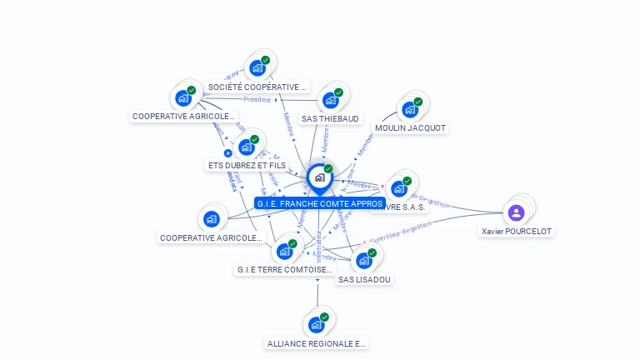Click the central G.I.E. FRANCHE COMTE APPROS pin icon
(x=319, y=177)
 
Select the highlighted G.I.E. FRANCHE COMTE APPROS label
(x=320, y=203)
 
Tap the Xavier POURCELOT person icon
(x=516, y=212)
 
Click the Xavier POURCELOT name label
(x=517, y=231)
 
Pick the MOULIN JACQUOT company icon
(x=409, y=109)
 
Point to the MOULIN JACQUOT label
(x=410, y=128)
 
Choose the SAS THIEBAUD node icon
(x=330, y=100)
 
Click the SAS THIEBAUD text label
(x=330, y=118)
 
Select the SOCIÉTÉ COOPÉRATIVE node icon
(x=257, y=68)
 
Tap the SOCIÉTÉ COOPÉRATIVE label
(x=257, y=87)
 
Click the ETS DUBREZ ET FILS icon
(x=246, y=147)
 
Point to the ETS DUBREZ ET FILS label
(x=247, y=166)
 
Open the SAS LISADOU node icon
(x=363, y=261)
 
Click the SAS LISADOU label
(x=364, y=279)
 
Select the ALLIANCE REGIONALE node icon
(x=316, y=324)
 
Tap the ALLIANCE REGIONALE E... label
(x=317, y=343)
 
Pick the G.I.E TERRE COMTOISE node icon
(x=284, y=251)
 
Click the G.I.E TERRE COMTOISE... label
(x=285, y=270)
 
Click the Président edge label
(x=257, y=100)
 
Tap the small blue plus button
(x=227, y=153)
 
